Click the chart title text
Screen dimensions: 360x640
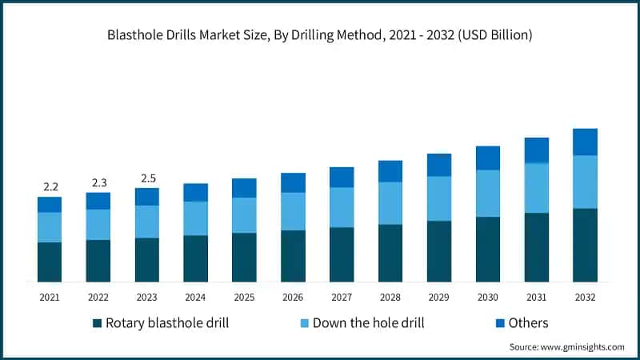320,36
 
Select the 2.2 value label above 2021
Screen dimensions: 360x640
50,186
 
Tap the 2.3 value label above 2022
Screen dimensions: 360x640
98,182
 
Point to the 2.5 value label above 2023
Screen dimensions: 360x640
147,178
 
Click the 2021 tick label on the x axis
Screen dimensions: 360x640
50,298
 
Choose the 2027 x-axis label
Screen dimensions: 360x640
342,298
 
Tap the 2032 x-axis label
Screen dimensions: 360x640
585,298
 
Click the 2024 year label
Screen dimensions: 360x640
196,298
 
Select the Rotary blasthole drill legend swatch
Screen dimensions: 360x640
98,323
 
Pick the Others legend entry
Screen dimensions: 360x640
520,323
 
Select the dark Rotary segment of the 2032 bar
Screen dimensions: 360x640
585,245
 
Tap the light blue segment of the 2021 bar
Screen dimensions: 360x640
50,227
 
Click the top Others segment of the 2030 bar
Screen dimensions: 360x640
487,158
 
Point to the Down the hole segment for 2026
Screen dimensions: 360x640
293,211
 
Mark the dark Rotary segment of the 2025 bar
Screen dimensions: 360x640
244,257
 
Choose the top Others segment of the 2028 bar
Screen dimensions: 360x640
390,171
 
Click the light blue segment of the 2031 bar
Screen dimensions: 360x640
536,188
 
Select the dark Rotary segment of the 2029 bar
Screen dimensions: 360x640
438,251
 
